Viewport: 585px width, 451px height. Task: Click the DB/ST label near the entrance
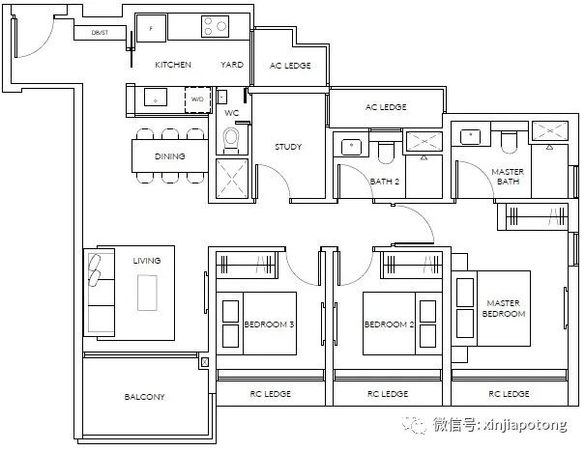point(100,33)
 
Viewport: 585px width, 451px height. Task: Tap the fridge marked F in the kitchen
point(151,28)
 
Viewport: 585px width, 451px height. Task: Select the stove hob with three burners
point(216,26)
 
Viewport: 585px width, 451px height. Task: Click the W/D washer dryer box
point(197,99)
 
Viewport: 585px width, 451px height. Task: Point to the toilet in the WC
point(230,140)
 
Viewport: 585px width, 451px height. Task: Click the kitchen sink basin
point(156,97)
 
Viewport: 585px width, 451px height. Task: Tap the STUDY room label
point(288,147)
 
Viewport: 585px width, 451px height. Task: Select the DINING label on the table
point(170,156)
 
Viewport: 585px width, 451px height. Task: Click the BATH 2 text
point(385,182)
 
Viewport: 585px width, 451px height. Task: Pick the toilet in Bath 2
point(386,152)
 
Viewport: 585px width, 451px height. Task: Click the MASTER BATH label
point(508,177)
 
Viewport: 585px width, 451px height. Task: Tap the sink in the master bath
point(471,136)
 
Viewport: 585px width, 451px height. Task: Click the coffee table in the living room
point(147,293)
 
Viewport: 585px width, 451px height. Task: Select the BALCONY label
point(144,397)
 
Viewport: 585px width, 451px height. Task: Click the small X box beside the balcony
point(204,362)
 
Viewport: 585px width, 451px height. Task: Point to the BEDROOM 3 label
point(269,324)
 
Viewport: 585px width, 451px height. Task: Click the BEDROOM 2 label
point(389,324)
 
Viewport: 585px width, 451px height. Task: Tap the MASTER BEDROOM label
point(504,309)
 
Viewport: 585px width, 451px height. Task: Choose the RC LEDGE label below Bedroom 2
point(388,394)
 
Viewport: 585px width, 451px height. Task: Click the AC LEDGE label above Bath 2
point(386,107)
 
